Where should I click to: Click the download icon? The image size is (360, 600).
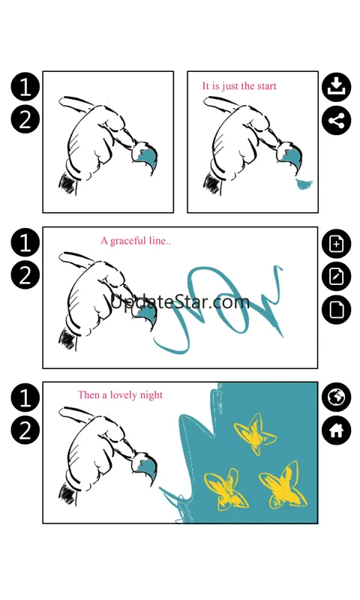click(x=336, y=87)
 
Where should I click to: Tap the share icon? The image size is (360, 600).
click(x=336, y=121)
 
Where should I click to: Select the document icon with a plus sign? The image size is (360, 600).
click(x=336, y=243)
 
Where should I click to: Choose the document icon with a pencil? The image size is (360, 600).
click(x=336, y=276)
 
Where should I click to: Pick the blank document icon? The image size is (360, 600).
click(x=336, y=310)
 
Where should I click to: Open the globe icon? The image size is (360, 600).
click(x=336, y=397)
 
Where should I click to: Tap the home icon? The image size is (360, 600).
click(x=336, y=430)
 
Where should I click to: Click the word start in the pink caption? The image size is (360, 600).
click(x=266, y=86)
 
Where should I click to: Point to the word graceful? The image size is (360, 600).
click(x=128, y=241)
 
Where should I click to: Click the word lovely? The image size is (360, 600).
click(x=124, y=395)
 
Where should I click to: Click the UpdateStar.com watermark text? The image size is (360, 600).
click(x=180, y=301)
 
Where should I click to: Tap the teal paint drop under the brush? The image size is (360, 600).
click(x=304, y=184)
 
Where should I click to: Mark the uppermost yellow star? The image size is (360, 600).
click(x=254, y=433)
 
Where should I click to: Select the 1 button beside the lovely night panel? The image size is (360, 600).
click(x=25, y=397)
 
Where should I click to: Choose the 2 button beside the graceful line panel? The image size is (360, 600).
click(x=25, y=275)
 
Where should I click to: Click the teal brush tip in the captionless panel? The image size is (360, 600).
click(x=147, y=157)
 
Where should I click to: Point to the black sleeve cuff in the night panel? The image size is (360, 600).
click(x=66, y=493)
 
